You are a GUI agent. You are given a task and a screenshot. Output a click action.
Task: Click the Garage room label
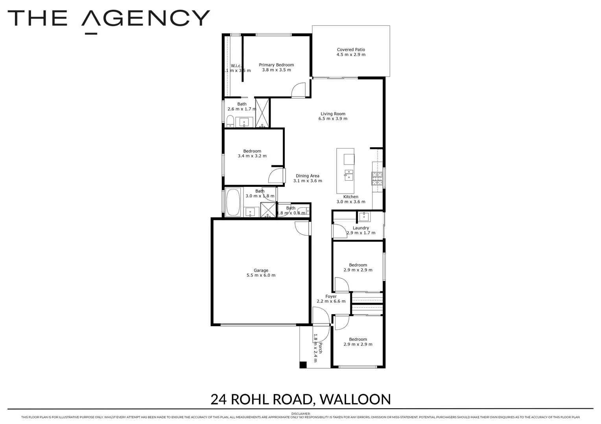(x=261, y=270)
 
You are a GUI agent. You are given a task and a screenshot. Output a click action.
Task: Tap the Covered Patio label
(x=351, y=50)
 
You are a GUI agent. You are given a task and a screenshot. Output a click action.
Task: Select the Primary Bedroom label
(x=276, y=65)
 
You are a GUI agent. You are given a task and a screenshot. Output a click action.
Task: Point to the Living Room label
(x=333, y=114)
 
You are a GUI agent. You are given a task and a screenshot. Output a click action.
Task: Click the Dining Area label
(x=308, y=176)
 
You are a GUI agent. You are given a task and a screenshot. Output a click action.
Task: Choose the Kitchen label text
(x=351, y=197)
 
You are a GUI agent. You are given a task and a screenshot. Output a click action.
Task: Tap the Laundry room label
(x=361, y=228)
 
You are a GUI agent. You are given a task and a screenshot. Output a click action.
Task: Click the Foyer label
(x=331, y=296)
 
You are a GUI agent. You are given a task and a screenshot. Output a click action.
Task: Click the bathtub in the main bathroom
(x=233, y=202)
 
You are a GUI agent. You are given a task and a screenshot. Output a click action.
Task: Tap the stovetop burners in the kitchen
(x=378, y=179)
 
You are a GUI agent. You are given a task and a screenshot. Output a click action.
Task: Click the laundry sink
(x=364, y=217)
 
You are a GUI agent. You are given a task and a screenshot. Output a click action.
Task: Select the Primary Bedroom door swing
(x=299, y=90)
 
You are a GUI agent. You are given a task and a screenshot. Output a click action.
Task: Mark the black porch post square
(x=303, y=365)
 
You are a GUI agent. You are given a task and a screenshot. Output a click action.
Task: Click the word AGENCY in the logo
(x=146, y=18)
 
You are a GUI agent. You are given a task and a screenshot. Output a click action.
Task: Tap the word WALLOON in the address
(x=355, y=399)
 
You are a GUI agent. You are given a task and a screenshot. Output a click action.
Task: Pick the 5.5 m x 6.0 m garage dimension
(x=261, y=275)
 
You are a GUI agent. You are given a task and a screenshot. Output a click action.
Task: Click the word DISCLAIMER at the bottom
(x=300, y=413)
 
